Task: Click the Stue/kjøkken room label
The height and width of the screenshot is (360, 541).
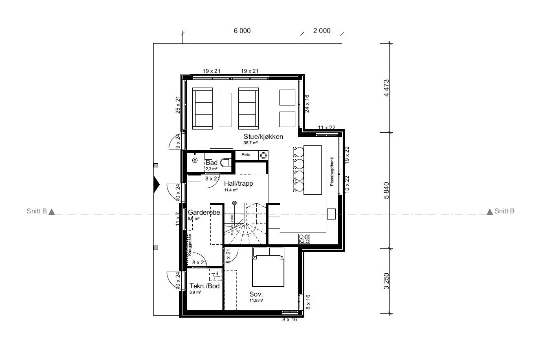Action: tap(263, 136)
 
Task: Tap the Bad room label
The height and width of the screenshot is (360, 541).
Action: tap(211, 163)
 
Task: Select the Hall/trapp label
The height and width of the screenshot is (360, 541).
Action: tap(238, 184)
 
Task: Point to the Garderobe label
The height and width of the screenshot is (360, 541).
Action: tap(204, 213)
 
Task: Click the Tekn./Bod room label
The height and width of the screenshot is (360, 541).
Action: tap(205, 286)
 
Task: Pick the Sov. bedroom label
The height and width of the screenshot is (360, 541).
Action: tap(256, 294)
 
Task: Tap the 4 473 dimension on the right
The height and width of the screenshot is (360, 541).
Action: tap(387, 87)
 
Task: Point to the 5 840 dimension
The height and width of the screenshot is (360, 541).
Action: tap(387, 190)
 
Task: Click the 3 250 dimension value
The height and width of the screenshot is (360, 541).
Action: tap(387, 281)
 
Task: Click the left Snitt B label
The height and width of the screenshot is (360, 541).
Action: tap(36, 211)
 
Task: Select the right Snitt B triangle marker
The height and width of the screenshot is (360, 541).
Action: tap(490, 212)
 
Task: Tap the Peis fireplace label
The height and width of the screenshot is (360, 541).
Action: tap(245, 155)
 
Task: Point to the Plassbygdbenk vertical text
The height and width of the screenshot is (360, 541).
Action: tap(332, 171)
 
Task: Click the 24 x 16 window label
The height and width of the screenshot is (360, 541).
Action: tap(308, 103)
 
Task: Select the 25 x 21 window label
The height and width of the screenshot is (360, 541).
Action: tap(178, 105)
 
